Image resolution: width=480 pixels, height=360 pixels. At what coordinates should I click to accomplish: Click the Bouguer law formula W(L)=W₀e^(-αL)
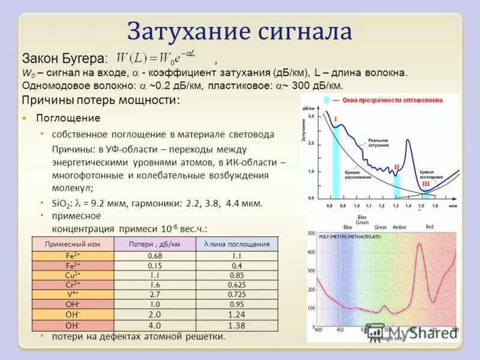pyautogui.click(x=159, y=58)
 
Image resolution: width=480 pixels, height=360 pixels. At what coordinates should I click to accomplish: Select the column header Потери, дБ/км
pyautogui.click(x=155, y=244)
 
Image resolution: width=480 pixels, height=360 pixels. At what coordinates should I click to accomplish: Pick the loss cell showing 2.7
pyautogui.click(x=155, y=295)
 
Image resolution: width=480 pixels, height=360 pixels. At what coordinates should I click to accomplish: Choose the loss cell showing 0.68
pyautogui.click(x=155, y=255)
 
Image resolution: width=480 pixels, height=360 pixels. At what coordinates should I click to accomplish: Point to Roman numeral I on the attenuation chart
pyautogui.click(x=335, y=119)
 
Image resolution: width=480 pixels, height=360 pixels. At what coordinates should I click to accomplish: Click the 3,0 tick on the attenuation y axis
pyautogui.click(x=311, y=115)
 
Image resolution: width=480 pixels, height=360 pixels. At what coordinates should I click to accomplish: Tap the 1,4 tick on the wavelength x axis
pyautogui.click(x=409, y=206)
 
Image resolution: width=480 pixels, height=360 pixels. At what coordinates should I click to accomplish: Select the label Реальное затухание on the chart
pyautogui.click(x=380, y=142)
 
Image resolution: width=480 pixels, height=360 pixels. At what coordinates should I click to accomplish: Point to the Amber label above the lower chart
pyautogui.click(x=399, y=227)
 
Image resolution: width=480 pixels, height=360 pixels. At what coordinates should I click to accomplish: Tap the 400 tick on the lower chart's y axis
pyautogui.click(x=311, y=252)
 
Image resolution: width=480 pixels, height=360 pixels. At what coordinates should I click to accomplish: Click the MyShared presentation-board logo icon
pyautogui.click(x=376, y=331)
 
